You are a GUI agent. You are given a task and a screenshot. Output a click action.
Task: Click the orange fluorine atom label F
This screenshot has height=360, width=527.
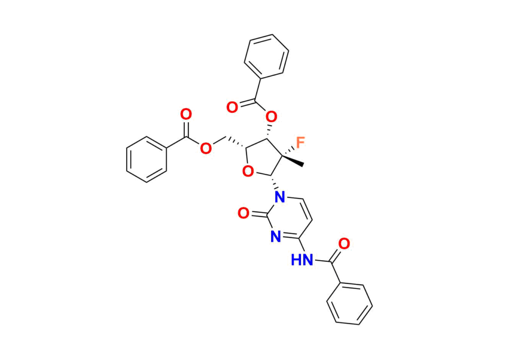[300, 142]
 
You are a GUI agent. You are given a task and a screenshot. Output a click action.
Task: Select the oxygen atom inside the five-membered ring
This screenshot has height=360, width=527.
[248, 172]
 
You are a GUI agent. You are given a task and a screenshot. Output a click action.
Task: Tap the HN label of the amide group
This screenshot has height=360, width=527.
[302, 260]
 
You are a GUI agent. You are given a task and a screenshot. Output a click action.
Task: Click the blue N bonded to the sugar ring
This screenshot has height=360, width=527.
[279, 196]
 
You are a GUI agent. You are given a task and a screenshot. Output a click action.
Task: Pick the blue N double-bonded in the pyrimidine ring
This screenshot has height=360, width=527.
[276, 237]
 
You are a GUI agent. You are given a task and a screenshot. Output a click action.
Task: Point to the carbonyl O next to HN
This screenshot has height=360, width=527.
[344, 243]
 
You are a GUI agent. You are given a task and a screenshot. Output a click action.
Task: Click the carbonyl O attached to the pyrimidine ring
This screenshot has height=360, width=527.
[243, 213]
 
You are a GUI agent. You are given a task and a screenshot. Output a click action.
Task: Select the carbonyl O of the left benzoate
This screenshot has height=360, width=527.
[186, 114]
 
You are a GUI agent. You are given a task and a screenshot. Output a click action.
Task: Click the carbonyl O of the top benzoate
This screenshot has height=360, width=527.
[232, 107]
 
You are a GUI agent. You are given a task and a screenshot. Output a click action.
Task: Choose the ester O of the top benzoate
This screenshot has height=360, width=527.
[271, 117]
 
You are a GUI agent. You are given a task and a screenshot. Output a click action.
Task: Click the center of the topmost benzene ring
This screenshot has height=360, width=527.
[267, 57]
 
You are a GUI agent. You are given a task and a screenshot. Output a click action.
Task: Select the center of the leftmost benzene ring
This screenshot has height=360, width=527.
[147, 159]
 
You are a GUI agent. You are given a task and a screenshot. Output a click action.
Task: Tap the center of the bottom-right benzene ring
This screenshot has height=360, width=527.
[349, 304]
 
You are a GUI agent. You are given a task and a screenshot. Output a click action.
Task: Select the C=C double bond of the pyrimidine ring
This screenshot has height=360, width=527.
[307, 209]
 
